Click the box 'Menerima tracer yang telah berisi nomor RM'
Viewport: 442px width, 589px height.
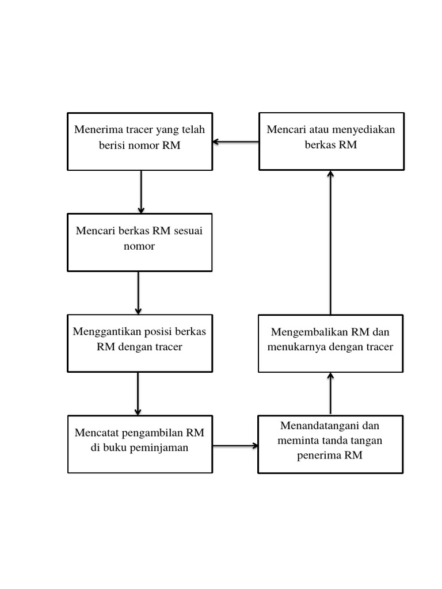tap(140, 141)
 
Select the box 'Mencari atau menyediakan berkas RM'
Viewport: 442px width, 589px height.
tap(331, 141)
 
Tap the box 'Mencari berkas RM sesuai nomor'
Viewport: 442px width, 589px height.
tap(140, 242)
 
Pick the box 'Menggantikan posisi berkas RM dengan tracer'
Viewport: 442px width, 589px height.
tap(140, 343)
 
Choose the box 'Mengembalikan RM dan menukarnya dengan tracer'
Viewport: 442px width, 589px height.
tap(331, 343)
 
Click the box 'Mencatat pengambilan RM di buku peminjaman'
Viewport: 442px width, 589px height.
tap(140, 444)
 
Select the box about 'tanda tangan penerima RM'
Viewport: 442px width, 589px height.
tap(330, 444)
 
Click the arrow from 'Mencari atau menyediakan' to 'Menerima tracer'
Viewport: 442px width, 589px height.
tap(235, 141)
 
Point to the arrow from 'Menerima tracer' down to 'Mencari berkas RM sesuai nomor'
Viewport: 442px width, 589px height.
tap(141, 192)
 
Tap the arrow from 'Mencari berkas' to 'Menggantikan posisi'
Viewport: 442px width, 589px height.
tap(139, 293)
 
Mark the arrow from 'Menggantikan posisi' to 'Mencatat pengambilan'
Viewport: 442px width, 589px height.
tap(138, 394)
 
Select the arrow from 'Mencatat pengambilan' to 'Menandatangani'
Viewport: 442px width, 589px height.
tap(235, 445)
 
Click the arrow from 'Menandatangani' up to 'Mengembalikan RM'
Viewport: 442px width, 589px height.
tap(330, 393)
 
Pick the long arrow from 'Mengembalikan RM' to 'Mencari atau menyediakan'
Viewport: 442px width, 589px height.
tap(330, 242)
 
